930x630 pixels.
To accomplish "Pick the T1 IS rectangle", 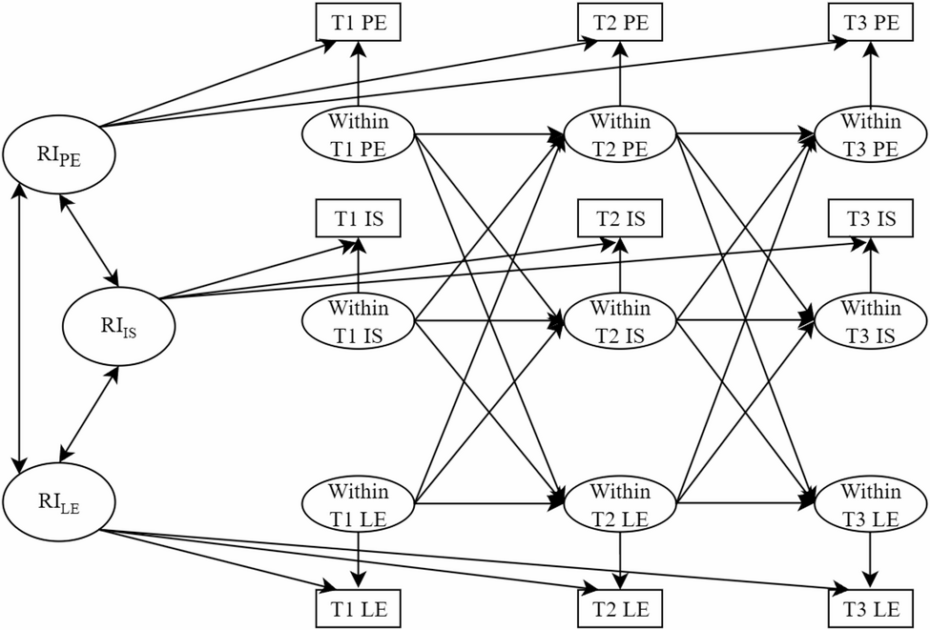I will (359, 218).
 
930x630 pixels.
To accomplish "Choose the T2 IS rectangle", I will (621, 218).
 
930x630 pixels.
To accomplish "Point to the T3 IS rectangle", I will (871, 218).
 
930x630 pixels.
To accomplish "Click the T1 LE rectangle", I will (359, 607).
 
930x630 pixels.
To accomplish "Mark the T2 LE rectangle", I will (621, 607).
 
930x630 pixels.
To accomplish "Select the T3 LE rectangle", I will (871, 607).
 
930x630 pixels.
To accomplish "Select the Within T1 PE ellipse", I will (359, 134).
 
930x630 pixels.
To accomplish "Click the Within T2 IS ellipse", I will (621, 321).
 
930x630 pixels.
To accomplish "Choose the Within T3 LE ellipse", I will (871, 506).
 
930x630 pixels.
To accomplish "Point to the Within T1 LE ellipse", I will (359, 506).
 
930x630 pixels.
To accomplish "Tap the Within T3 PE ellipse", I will (871, 134).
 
